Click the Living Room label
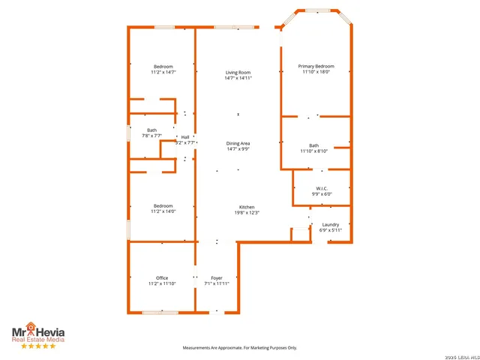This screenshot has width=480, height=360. tap(238, 73)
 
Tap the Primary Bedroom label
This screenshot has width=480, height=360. tap(316, 67)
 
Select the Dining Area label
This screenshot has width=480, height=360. tap(238, 143)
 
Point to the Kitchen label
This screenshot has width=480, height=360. tap(247, 207)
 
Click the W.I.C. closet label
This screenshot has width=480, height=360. tap(322, 188)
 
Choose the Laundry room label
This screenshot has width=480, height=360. tap(331, 224)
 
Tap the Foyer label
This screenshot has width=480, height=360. tap(217, 278)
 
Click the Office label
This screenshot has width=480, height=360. tap(162, 278)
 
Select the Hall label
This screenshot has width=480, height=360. tap(185, 137)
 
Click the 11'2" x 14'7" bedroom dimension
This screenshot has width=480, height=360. tap(163, 73)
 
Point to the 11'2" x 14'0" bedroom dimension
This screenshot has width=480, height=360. tap(163, 211)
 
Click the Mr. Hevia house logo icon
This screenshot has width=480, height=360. tap(31, 327)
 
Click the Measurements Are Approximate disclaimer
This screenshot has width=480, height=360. tap(240, 348)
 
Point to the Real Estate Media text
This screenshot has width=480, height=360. tap(37, 339)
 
